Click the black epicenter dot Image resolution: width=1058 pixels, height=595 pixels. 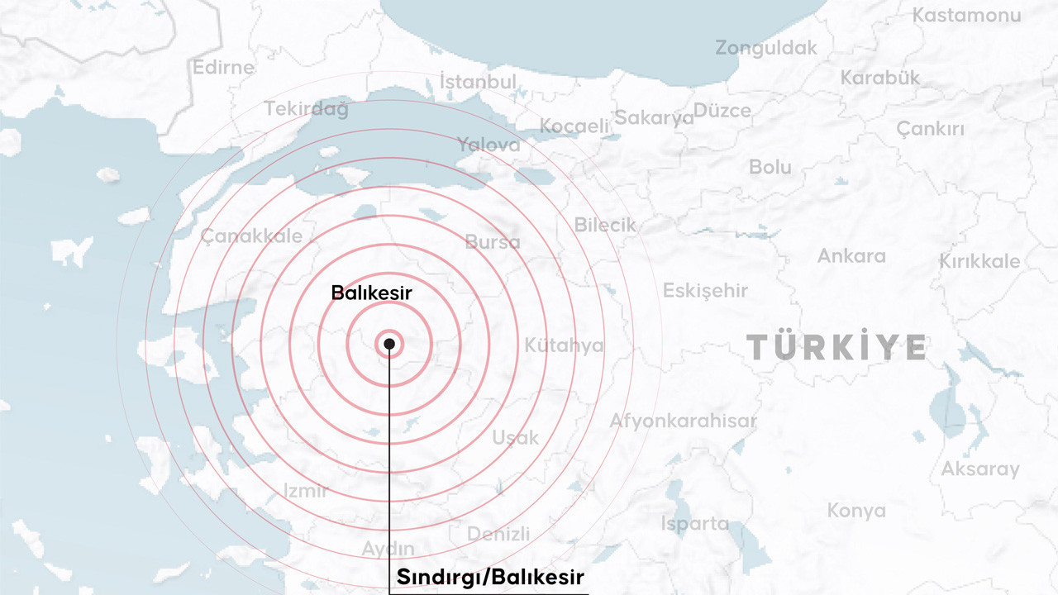389,343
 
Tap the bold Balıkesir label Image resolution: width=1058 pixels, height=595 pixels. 371,293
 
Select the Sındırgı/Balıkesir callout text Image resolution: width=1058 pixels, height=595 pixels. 490,576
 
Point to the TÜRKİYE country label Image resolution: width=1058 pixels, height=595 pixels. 836,347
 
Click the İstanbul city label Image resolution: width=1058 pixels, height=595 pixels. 478,82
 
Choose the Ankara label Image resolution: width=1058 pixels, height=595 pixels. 851,256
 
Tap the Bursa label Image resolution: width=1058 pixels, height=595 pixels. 493,242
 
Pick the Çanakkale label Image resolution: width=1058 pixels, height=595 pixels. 251,236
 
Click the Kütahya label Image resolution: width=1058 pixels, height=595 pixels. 565,345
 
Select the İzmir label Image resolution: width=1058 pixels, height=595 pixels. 306,491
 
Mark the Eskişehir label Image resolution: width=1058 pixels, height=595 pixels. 705,291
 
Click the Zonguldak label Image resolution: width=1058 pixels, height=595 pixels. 766,48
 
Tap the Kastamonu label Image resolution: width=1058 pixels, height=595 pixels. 966,15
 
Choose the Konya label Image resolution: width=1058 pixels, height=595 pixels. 856,512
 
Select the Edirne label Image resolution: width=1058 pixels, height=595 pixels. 223,68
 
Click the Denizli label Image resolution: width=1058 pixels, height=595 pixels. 498,535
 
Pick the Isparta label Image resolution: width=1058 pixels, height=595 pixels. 694,524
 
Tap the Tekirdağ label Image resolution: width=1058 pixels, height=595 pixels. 306,108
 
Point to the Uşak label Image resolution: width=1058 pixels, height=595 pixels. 516,438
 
